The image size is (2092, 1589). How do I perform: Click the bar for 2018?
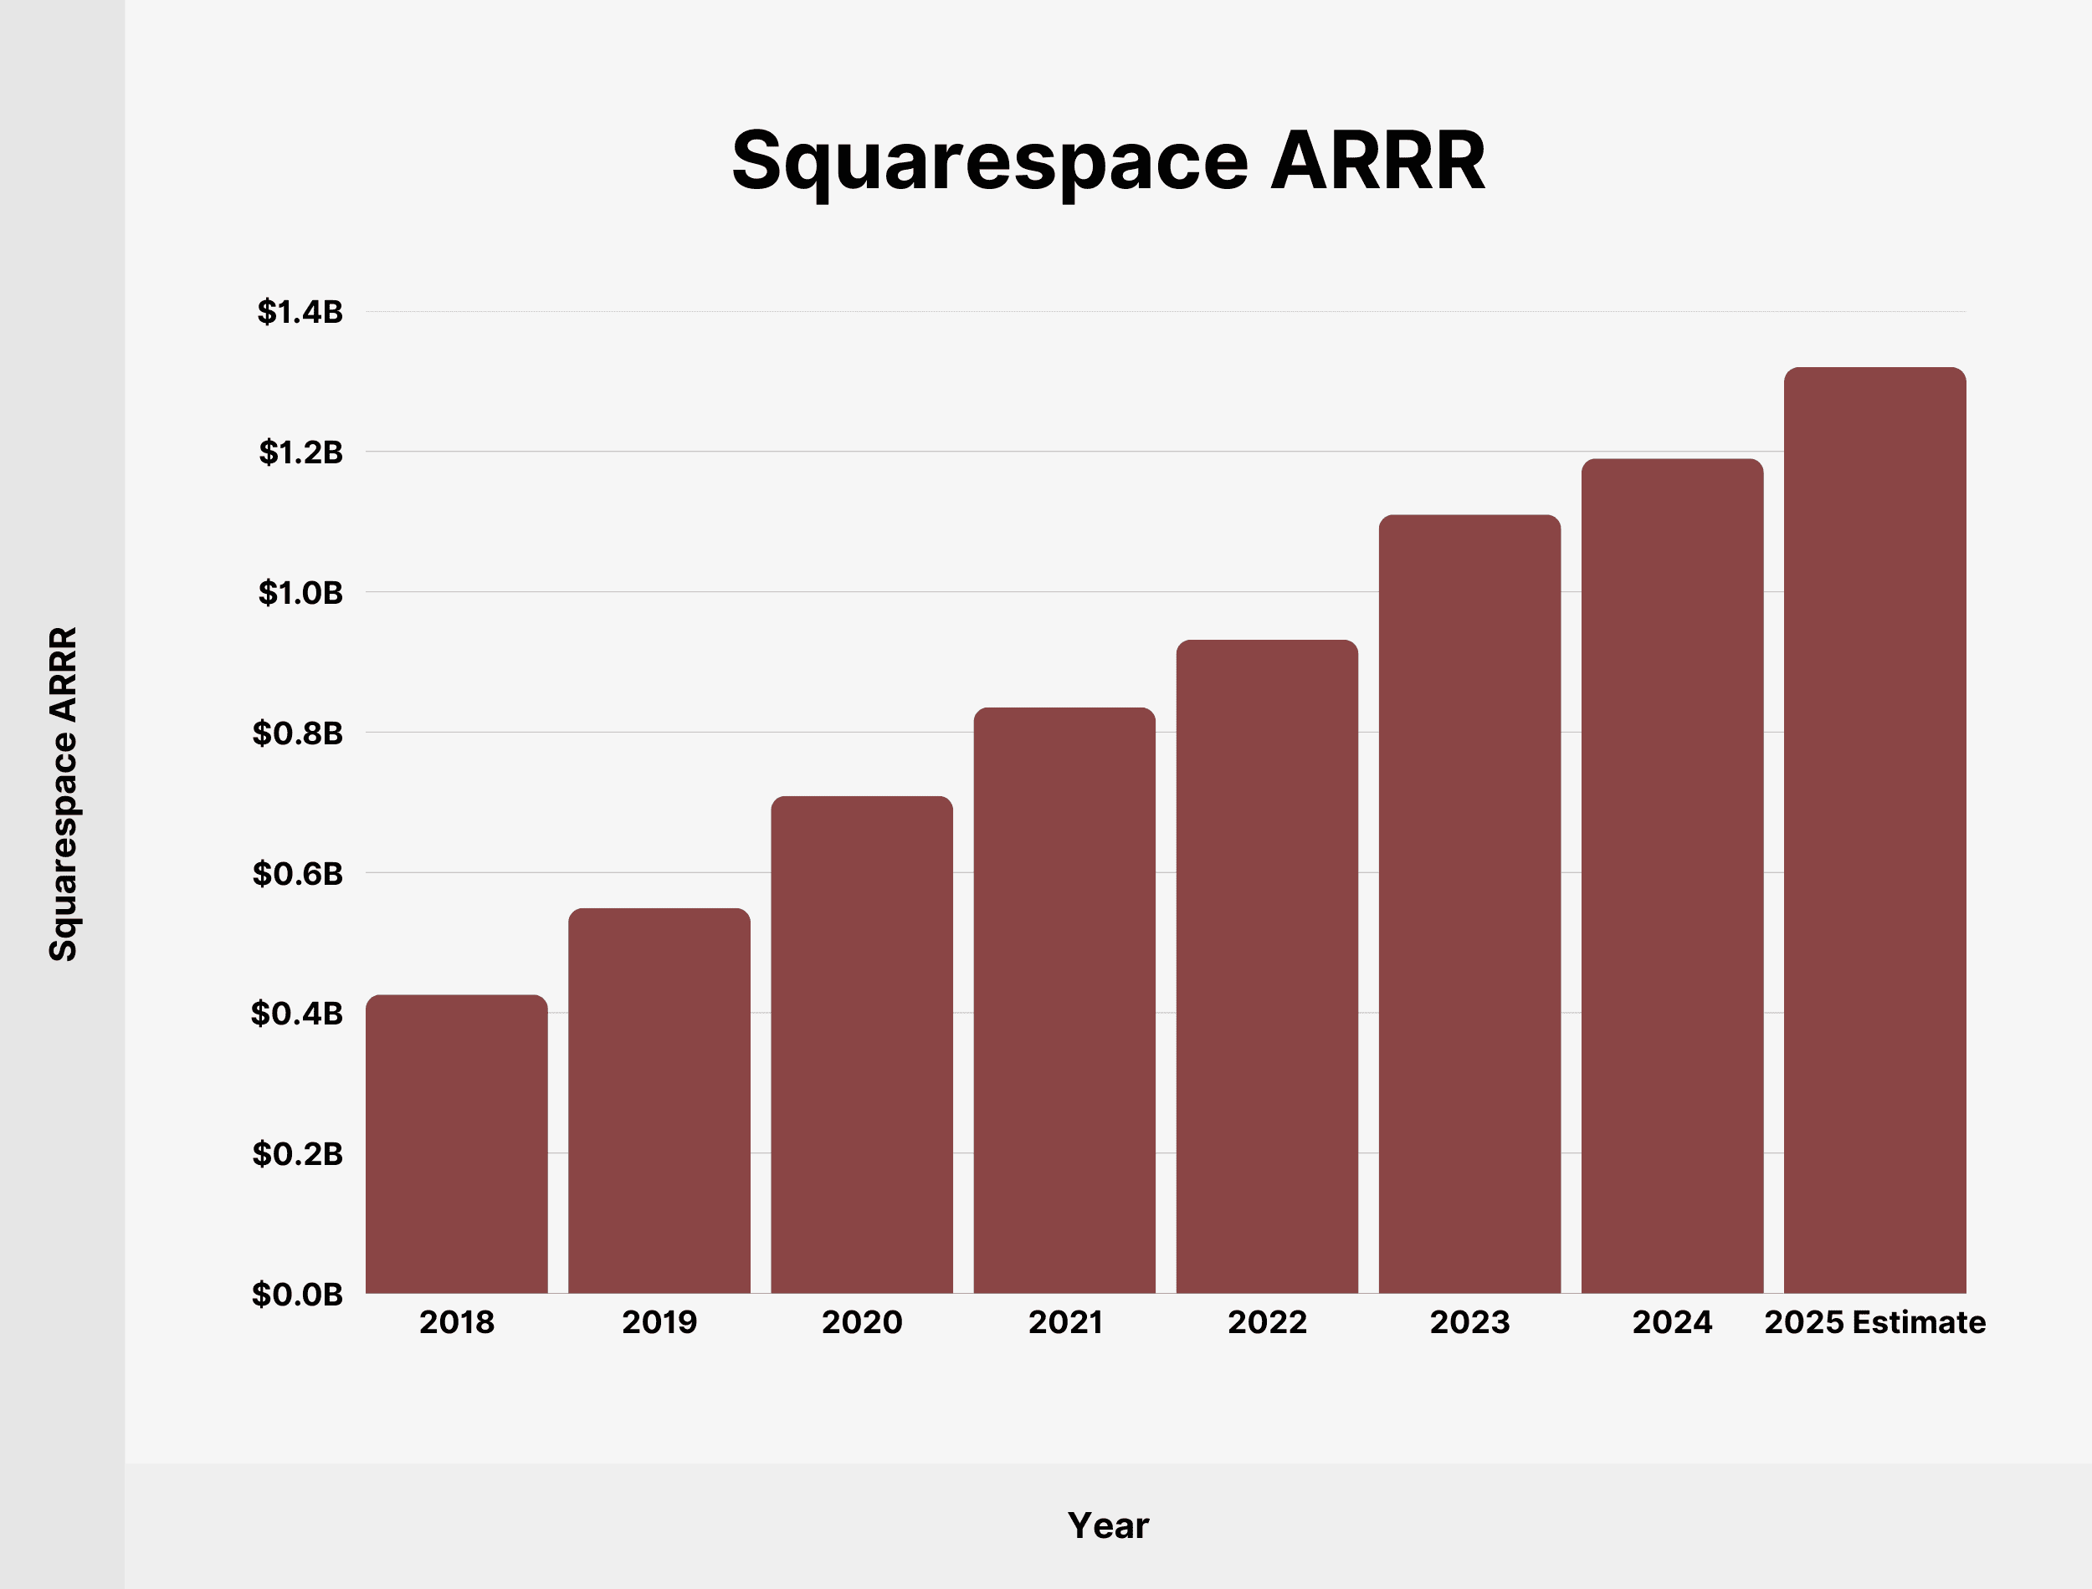pos(456,1144)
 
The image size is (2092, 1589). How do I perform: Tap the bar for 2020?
pos(861,1045)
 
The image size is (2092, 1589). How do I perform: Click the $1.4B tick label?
pos(300,312)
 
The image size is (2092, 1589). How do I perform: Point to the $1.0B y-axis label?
pos(300,593)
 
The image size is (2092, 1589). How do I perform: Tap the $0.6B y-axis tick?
pos(297,874)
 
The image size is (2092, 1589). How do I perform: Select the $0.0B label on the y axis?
pos(297,1294)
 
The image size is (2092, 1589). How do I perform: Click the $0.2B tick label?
pos(297,1154)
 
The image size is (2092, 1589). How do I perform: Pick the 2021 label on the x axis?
pos(1064,1322)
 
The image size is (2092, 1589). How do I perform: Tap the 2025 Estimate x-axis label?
pos(1874,1322)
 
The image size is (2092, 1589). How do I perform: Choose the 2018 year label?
pos(456,1322)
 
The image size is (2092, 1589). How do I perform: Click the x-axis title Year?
pos(1108,1525)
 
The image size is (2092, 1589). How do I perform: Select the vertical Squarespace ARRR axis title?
pos(63,794)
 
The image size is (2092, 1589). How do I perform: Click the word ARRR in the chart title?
pos(1377,161)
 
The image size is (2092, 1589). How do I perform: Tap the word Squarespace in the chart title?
pos(990,161)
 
